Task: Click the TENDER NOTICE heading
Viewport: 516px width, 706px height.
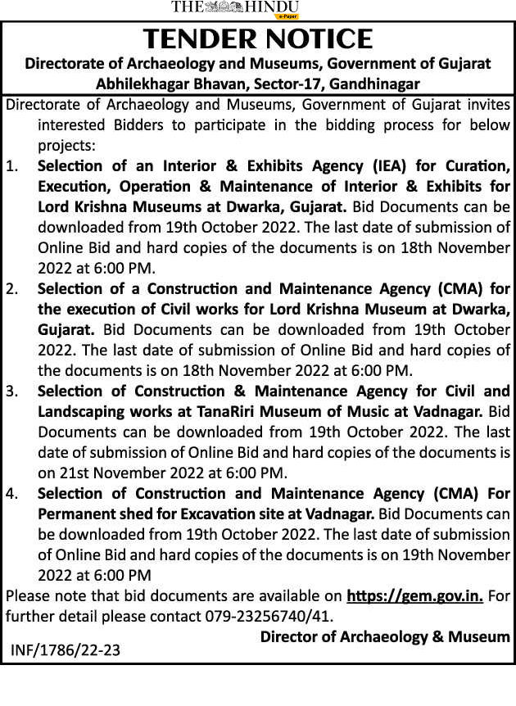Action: coord(258,38)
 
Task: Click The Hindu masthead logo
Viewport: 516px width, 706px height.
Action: coord(235,8)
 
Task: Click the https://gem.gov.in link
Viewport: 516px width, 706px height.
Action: coord(415,595)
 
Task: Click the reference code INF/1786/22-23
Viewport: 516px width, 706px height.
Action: coord(66,650)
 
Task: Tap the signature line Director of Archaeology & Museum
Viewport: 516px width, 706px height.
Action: coord(385,636)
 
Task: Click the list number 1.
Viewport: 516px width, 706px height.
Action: coord(12,166)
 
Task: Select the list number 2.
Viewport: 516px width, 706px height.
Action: coord(12,289)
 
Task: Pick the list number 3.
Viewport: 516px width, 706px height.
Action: coord(12,391)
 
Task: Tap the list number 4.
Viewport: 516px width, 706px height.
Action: coord(12,494)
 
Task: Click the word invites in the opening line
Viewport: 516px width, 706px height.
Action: coord(484,105)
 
